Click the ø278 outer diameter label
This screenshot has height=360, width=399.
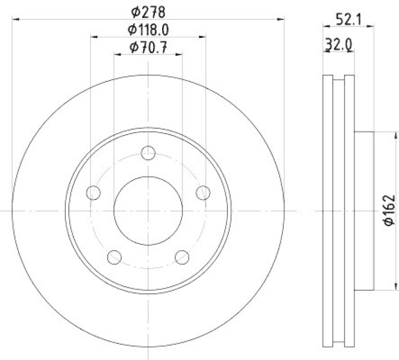pos(148,10)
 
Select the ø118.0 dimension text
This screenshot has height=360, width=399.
pos(148,29)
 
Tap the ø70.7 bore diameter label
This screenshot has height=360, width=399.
pos(148,48)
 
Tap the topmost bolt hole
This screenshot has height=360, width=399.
pos(148,153)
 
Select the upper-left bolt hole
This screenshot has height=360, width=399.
pos(93,192)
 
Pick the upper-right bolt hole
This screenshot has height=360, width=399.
pos(202,192)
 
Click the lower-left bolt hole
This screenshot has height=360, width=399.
pos(114,257)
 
